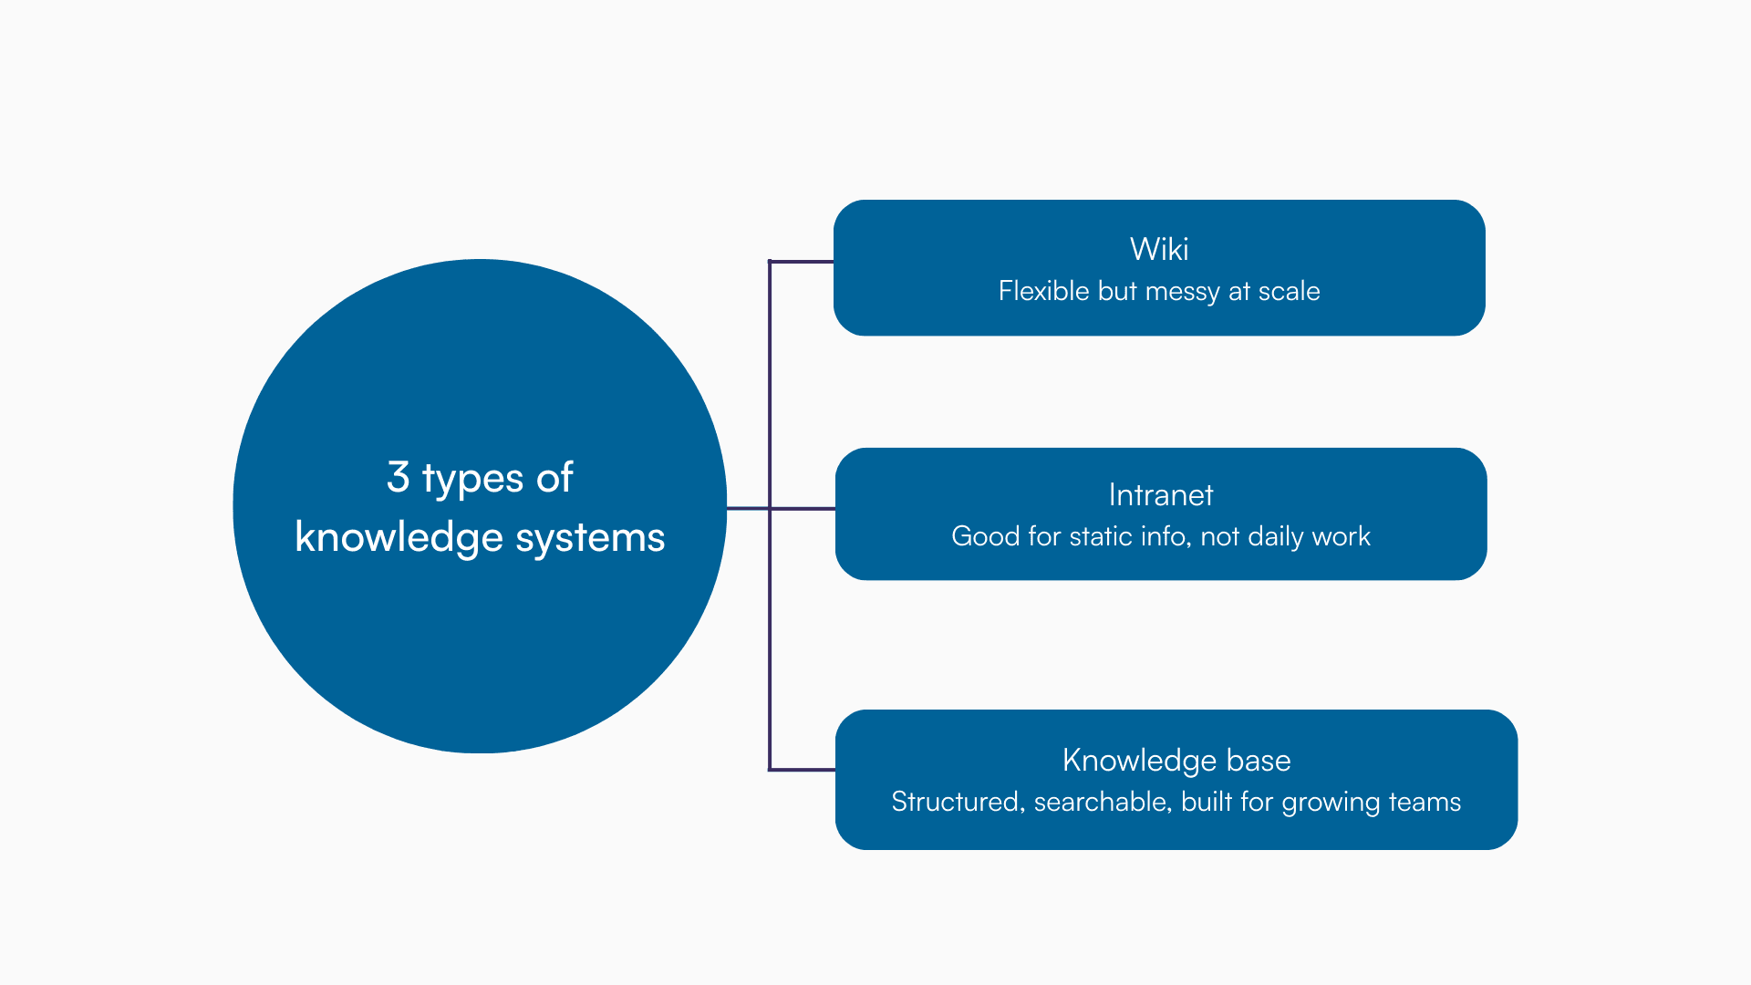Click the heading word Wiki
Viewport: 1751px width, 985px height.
tap(1159, 249)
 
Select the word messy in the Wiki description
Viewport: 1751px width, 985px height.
tap(1182, 292)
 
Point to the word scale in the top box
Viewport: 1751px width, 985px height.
tap(1289, 291)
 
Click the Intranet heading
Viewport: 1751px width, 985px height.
tap(1161, 495)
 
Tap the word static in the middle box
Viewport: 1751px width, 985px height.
tap(1103, 536)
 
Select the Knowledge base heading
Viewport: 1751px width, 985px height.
tap(1176, 761)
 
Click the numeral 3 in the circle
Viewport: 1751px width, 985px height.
tap(398, 477)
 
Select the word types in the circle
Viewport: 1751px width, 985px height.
tap(472, 480)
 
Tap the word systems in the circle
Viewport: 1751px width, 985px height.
tap(590, 538)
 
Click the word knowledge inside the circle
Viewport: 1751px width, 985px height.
tap(399, 538)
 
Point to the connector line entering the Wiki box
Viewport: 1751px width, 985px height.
tap(803, 262)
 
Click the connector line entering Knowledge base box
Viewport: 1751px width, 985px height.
tap(803, 770)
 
